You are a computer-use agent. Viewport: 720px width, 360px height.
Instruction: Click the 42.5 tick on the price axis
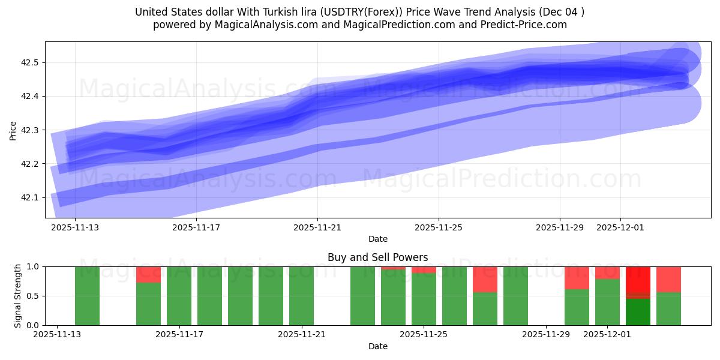click(30, 63)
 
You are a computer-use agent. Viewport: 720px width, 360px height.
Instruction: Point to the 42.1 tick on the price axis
click(30, 197)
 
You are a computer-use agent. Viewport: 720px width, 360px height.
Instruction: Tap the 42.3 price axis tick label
click(30, 130)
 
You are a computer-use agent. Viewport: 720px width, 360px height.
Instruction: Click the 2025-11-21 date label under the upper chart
click(317, 228)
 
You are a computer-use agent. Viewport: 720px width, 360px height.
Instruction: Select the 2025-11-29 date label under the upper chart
click(560, 228)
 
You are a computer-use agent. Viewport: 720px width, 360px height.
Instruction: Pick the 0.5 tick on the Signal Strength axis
click(34, 296)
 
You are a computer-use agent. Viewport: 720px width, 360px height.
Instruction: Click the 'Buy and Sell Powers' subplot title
click(377, 257)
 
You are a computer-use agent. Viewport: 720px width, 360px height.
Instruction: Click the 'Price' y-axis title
click(13, 130)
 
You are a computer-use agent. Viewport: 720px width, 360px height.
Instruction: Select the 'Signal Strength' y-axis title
click(17, 296)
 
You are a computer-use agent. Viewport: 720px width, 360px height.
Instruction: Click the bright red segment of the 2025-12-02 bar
click(638, 280)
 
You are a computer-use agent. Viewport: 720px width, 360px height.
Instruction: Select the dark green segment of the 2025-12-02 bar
click(638, 312)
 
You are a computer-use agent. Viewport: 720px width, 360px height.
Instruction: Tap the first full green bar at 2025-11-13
click(87, 296)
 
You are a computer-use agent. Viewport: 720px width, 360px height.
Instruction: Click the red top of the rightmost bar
click(668, 279)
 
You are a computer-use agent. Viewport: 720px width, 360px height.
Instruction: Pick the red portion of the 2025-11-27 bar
click(485, 279)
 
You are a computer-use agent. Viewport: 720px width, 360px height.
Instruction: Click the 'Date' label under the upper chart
click(377, 239)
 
